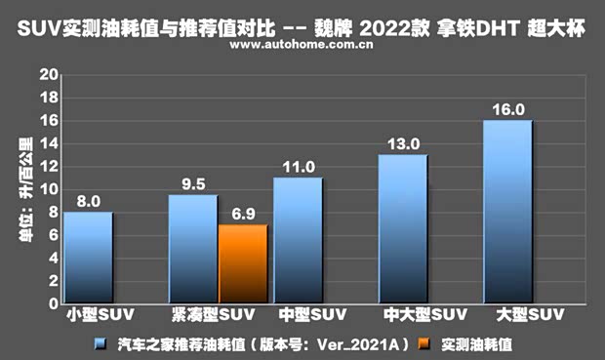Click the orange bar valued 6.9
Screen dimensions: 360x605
coord(243,263)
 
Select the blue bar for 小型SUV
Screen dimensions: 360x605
coord(88,258)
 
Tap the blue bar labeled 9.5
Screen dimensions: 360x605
coord(192,249)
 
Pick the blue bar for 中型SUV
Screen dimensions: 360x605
coord(298,240)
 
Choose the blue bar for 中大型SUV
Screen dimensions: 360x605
coord(403,229)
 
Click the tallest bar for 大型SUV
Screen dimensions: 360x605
coord(507,212)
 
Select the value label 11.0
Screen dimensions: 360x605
coord(298,166)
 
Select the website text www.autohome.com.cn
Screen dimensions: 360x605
coord(302,45)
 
